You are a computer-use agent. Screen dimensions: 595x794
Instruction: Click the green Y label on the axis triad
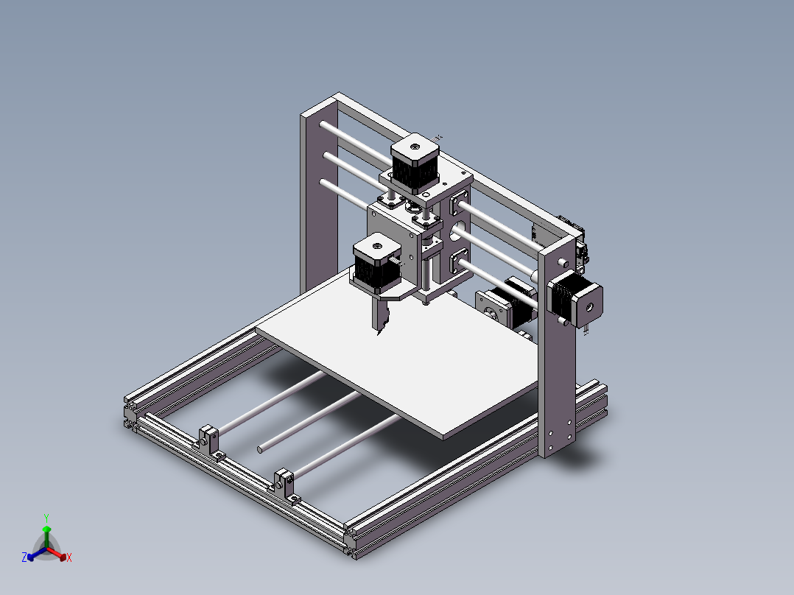pyautogui.click(x=46, y=517)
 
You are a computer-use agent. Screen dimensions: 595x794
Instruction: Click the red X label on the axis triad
pyautogui.click(x=69, y=558)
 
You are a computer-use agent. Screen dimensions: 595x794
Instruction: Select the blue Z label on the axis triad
pyautogui.click(x=24, y=557)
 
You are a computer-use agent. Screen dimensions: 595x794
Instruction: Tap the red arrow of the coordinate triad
pyautogui.click(x=60, y=554)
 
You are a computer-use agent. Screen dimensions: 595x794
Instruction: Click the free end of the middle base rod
pyautogui.click(x=260, y=448)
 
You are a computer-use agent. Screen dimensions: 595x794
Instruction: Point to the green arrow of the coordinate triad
pyautogui.click(x=46, y=534)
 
